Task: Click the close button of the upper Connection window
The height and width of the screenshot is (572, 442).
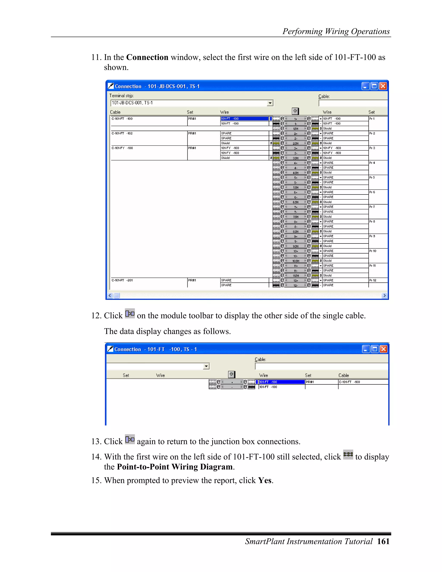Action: [x=383, y=86]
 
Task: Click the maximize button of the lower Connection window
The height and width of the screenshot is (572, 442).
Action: [x=375, y=349]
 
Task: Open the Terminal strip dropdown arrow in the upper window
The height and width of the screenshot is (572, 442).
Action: [x=270, y=103]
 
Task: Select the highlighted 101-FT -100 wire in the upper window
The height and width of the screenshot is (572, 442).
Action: [x=244, y=119]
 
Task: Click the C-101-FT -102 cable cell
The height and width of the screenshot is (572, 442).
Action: [x=122, y=133]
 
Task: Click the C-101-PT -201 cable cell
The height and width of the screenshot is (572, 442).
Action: [x=122, y=280]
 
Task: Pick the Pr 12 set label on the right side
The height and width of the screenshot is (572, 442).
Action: [x=373, y=280]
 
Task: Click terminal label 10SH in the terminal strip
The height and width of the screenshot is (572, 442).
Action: [x=296, y=261]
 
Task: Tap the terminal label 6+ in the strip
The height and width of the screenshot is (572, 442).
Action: [x=296, y=192]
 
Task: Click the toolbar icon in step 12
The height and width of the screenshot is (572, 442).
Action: [x=130, y=313]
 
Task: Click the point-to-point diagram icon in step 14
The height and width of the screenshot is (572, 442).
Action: [x=348, y=454]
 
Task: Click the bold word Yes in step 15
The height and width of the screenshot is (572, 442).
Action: [x=264, y=480]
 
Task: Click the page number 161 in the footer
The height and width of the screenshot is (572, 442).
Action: [x=383, y=541]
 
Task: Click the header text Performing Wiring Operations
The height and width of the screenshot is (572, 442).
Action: [x=336, y=32]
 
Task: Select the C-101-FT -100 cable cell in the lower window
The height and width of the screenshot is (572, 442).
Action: [x=350, y=382]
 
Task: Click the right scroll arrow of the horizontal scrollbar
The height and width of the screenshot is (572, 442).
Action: [x=384, y=295]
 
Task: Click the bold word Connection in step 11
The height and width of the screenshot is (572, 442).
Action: [x=147, y=57]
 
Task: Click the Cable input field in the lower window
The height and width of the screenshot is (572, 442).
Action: [x=321, y=366]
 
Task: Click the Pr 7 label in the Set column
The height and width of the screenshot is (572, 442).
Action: [x=372, y=207]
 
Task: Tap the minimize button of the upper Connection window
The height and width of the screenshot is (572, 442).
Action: [x=366, y=86]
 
